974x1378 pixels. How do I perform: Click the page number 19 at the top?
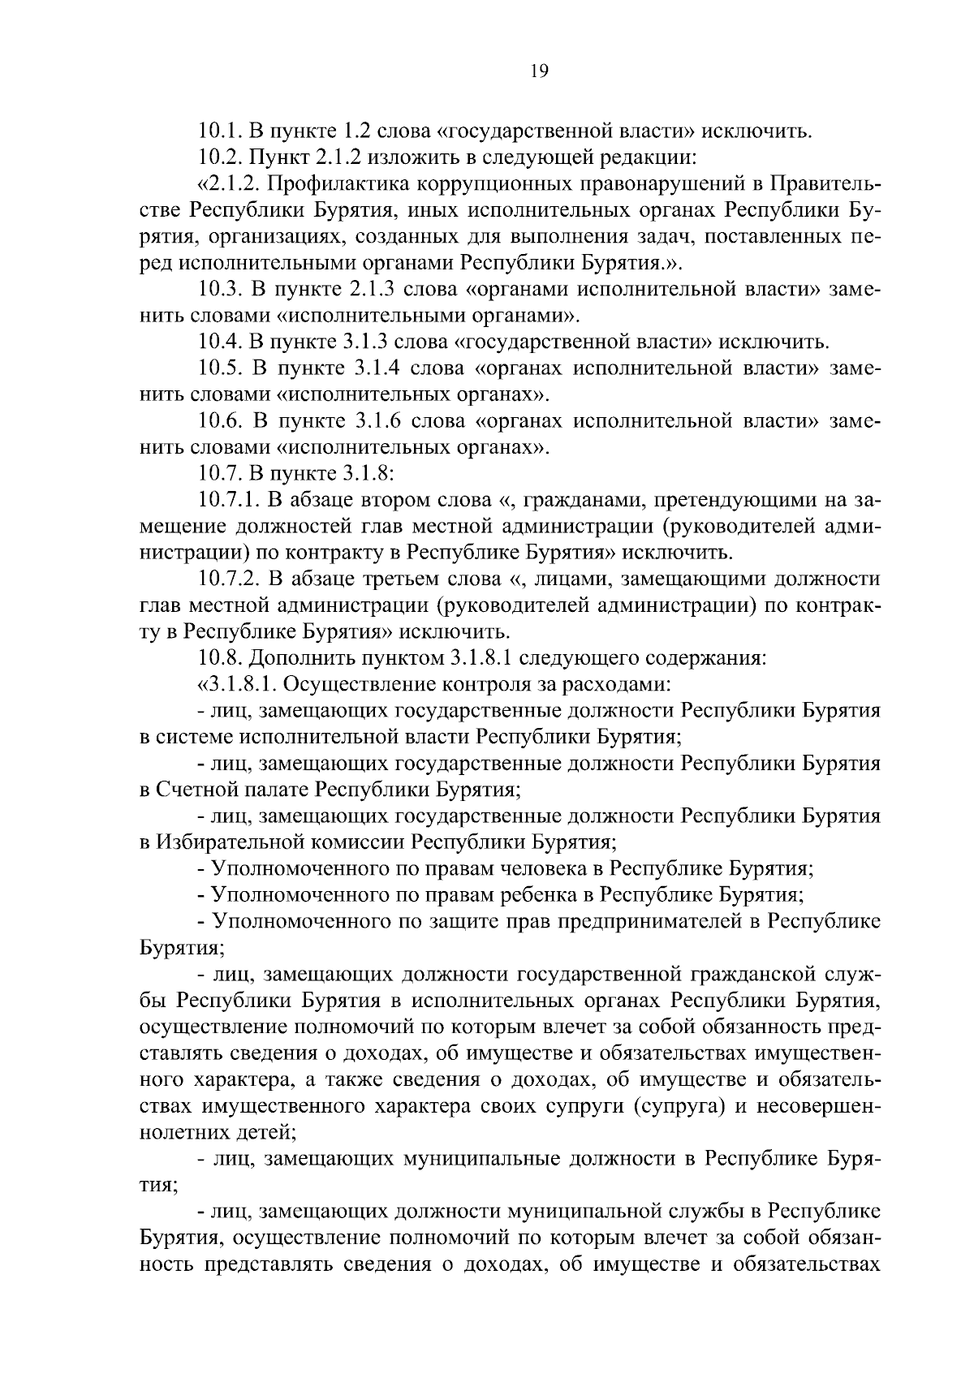539,71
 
